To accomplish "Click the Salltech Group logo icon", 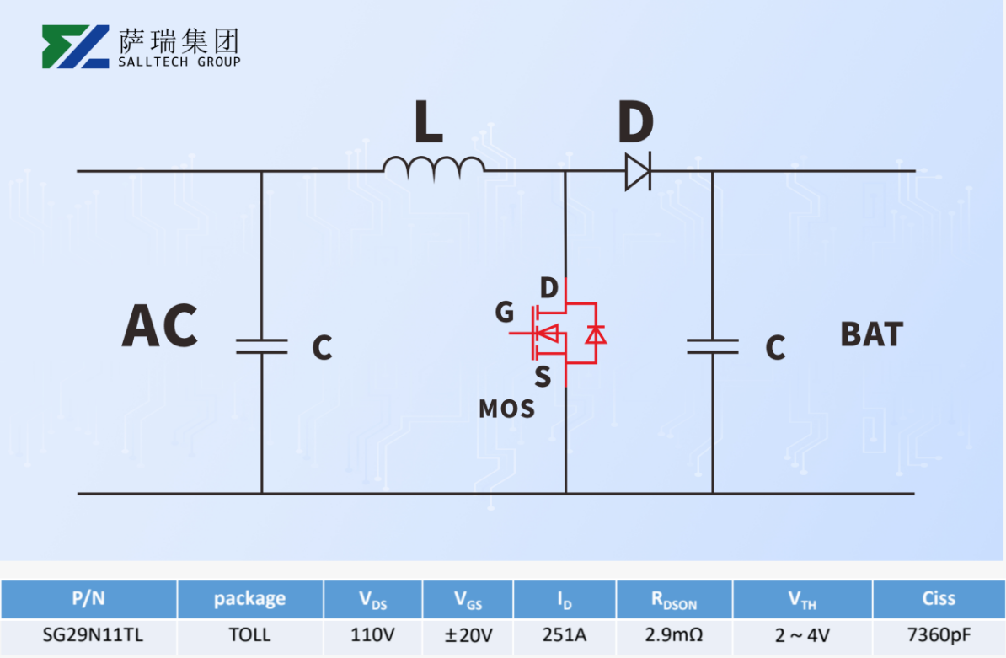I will [76, 46].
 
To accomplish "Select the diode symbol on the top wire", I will [638, 172].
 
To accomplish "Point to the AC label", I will [160, 326].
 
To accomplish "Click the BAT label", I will [871, 334].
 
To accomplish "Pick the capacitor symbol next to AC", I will [261, 346].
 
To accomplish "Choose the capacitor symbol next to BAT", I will [713, 346].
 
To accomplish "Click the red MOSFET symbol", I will [566, 334].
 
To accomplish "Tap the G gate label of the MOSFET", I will [504, 313].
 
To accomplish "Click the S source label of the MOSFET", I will [543, 377].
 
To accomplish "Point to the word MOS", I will [506, 409].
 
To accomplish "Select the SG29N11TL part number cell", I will [88, 634].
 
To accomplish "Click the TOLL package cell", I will [249, 634].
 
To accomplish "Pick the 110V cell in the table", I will [372, 634].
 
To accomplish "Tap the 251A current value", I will [564, 634].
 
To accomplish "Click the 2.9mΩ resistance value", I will [673, 634].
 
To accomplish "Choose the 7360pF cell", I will [938, 634].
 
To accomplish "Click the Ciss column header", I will [938, 599].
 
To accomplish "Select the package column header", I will [249, 599].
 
